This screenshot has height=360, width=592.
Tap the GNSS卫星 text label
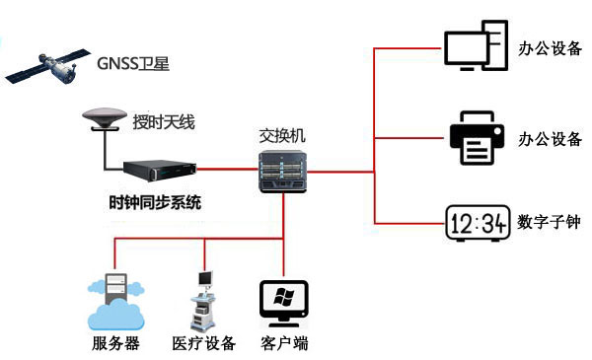(133, 64)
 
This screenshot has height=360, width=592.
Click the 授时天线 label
(165, 123)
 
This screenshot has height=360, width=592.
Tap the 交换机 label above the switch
(282, 135)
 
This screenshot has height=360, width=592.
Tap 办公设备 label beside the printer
(550, 138)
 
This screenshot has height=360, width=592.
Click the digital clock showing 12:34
(476, 224)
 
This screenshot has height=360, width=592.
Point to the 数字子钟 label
(549, 223)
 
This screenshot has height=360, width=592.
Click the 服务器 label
(115, 344)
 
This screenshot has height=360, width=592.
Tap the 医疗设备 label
(204, 344)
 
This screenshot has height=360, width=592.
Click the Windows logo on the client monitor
(284, 298)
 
